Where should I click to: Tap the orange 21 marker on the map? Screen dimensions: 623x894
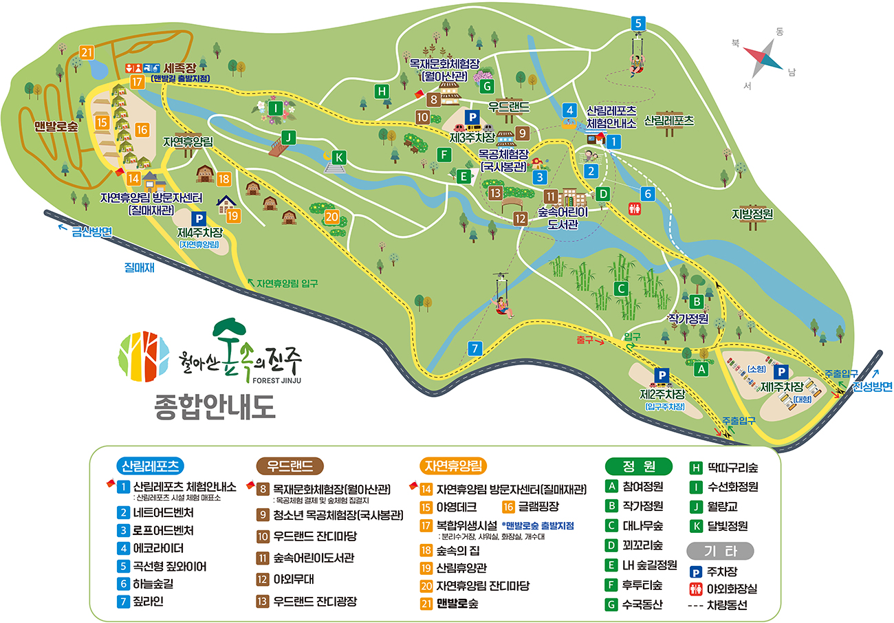[87, 53]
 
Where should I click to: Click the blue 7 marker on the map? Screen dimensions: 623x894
[475, 349]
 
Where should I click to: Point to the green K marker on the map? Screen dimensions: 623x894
[338, 157]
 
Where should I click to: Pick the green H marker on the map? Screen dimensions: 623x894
[382, 91]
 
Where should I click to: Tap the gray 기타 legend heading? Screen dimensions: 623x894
[720, 551]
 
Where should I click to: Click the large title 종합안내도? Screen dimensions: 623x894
[215, 406]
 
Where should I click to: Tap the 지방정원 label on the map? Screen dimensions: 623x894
[752, 214]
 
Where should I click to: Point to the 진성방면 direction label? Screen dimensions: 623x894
[872, 387]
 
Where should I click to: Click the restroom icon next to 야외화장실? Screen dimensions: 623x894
[695, 589]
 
